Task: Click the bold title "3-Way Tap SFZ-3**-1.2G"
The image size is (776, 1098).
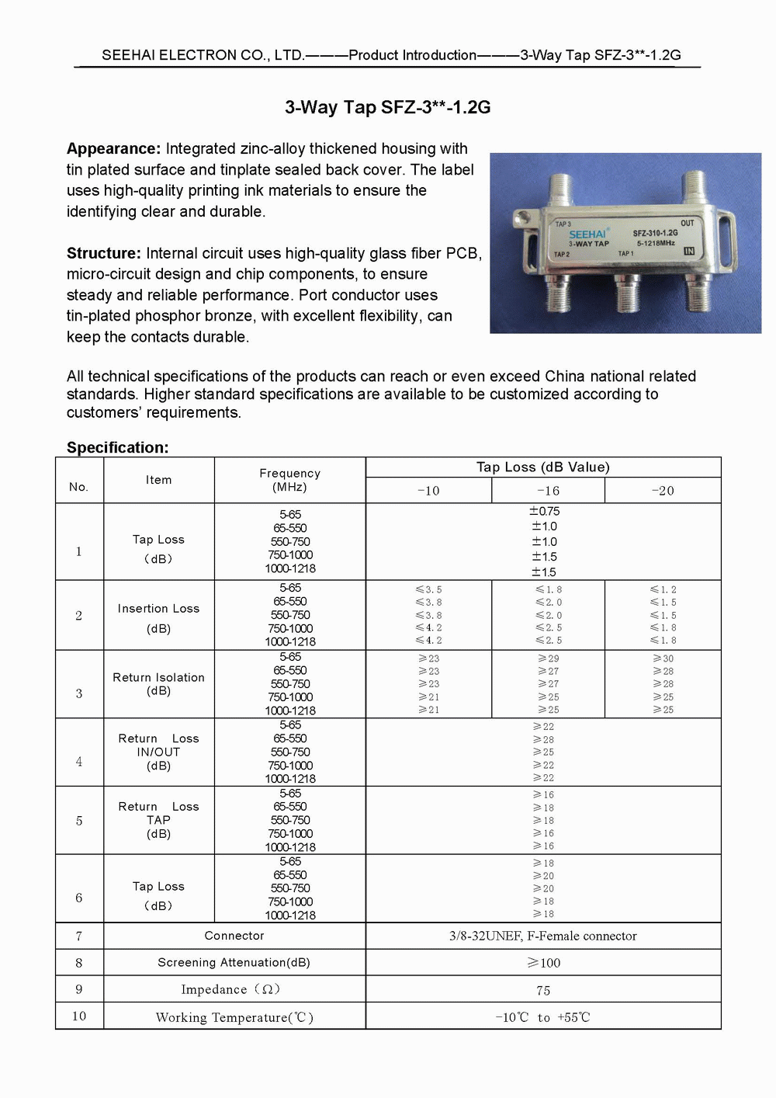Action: click(x=387, y=107)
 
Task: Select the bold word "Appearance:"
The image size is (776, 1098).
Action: click(x=113, y=148)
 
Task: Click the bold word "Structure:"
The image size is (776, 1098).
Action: click(x=104, y=253)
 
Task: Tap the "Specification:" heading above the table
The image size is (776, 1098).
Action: click(x=118, y=447)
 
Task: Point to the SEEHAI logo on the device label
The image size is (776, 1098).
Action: click(x=587, y=234)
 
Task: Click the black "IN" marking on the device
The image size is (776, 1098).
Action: click(x=689, y=251)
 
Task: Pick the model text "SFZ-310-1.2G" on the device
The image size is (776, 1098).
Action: click(x=656, y=233)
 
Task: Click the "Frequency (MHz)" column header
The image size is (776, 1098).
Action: click(x=290, y=480)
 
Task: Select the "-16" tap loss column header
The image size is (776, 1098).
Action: click(x=548, y=491)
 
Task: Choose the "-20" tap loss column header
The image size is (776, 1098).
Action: click(x=663, y=491)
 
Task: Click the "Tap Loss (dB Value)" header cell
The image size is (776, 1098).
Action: click(x=543, y=467)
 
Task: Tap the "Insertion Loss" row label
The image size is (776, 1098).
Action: click(x=158, y=608)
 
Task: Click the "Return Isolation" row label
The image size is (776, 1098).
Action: click(x=158, y=677)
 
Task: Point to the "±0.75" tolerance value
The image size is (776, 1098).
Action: click(x=544, y=511)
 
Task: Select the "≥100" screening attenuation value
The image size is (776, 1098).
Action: click(x=543, y=962)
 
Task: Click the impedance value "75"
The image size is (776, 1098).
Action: click(x=542, y=990)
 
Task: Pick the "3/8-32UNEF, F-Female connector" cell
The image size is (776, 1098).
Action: click(x=542, y=936)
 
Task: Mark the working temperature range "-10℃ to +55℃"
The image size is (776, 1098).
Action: click(x=542, y=1017)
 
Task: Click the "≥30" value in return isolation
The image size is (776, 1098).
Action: click(x=663, y=658)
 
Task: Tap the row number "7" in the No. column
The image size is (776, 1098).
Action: click(x=79, y=936)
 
